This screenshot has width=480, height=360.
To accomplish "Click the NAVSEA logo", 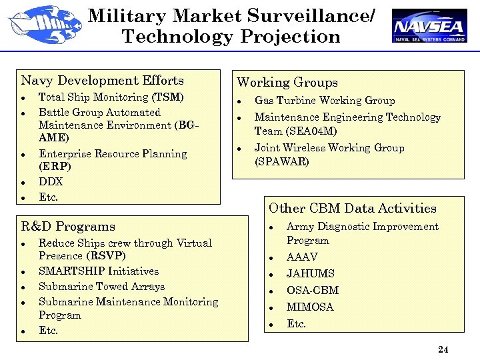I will pos(429,26).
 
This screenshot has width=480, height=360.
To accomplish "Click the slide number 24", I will pos(443,349).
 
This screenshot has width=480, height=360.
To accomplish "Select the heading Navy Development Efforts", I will pos(102,81).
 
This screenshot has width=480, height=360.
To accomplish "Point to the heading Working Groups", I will pos(287,83).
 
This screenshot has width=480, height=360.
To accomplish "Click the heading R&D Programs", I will pos(68,227).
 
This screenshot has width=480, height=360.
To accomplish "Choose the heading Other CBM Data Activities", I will pos(352,209).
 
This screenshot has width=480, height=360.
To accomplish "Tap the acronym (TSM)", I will pos(168,97).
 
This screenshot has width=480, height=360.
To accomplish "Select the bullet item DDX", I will pos(51,181).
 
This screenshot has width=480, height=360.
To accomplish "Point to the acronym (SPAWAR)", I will pos(282,161).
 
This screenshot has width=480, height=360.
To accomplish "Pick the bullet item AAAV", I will pos(302,257).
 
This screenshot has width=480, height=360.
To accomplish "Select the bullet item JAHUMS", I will pos(310,273).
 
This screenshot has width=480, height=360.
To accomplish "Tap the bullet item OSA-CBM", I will pos(312,290).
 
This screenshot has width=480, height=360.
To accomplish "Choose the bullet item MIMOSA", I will pos(310,307).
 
